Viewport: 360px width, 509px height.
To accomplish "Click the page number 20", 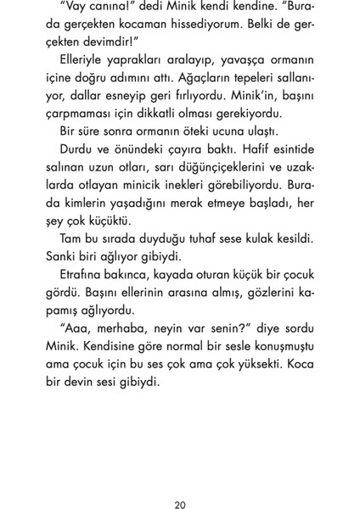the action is (x=179, y=482).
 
